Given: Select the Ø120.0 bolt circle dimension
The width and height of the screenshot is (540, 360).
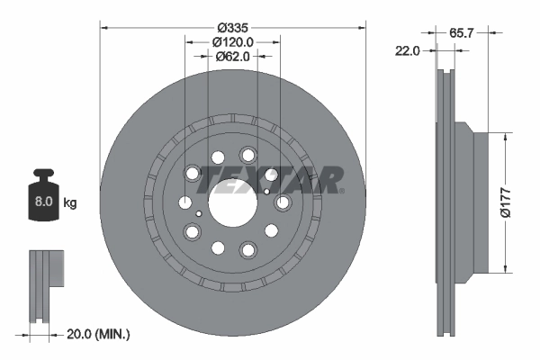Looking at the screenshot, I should [x=232, y=41].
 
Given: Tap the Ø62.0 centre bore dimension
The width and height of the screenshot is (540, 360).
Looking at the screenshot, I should [x=232, y=57].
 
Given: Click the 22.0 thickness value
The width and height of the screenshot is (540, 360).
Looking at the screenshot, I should [x=408, y=51].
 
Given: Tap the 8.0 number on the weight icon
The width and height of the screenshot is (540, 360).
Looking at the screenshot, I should [x=43, y=202].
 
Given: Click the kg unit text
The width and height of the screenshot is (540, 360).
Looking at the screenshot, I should [x=70, y=202].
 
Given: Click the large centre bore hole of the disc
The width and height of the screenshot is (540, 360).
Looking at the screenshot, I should [x=232, y=202].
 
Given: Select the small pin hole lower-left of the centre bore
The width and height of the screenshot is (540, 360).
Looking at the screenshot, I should [x=198, y=213].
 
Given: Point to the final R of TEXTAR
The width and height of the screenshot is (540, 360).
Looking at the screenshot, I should [x=327, y=178].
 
